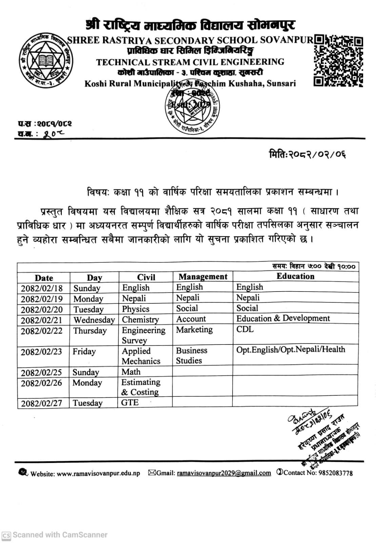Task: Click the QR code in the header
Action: pyautogui.click(x=338, y=60)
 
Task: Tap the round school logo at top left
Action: pyautogui.click(x=45, y=60)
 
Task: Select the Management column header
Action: pyautogui.click(x=203, y=277)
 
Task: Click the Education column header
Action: pyautogui.click(x=295, y=276)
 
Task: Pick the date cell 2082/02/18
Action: pyautogui.click(x=42, y=288)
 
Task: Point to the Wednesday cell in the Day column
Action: pyautogui.click(x=94, y=320)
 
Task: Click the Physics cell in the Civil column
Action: pyautogui.click(x=136, y=309)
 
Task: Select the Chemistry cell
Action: pyautogui.click(x=140, y=319)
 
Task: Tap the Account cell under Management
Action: pyautogui.click(x=191, y=319)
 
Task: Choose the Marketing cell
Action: pyautogui.click(x=194, y=330)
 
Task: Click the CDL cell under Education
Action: pyautogui.click(x=245, y=329)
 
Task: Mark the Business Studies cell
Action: pyautogui.click(x=191, y=355)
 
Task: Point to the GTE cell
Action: pyautogui.click(x=130, y=402)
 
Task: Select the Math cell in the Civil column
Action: pyautogui.click(x=131, y=372)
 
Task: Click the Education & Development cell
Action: pyautogui.click(x=283, y=318)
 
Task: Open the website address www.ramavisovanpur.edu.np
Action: pyautogui.click(x=98, y=473)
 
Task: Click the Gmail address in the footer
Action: pyautogui.click(x=224, y=473)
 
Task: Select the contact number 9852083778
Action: pyautogui.click(x=335, y=473)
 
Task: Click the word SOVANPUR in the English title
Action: pyautogui.click(x=286, y=40)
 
